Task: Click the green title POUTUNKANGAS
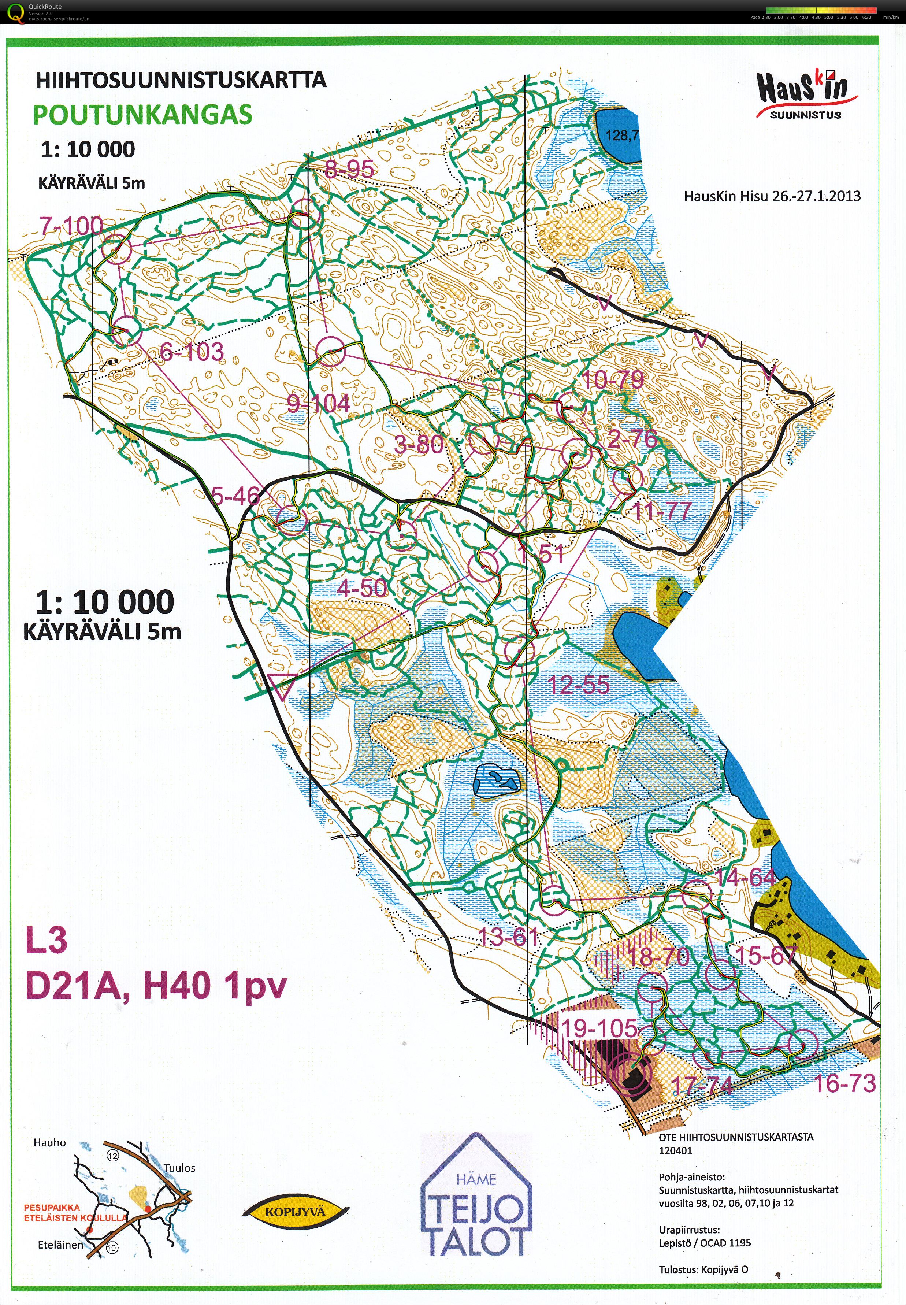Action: pyautogui.click(x=142, y=115)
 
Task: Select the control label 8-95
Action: pyautogui.click(x=349, y=168)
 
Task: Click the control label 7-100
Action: pyautogui.click(x=71, y=226)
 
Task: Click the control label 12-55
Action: pyautogui.click(x=579, y=685)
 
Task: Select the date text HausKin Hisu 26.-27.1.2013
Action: pyautogui.click(x=772, y=196)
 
